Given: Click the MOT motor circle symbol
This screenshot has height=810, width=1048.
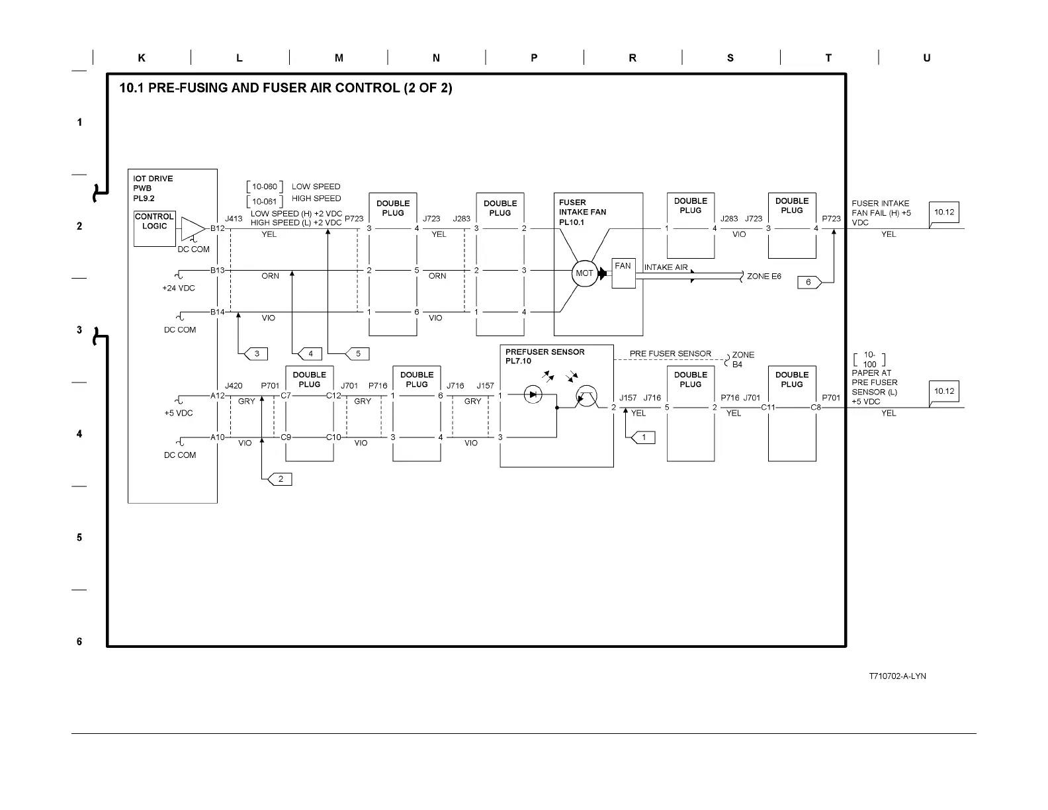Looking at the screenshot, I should point(584,273).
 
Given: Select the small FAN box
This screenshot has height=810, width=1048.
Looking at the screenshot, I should point(623,272).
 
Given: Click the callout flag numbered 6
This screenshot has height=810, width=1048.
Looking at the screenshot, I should point(809,283).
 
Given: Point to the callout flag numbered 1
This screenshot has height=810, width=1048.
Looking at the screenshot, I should point(643,437).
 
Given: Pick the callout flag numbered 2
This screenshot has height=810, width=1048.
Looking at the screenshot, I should point(280,479).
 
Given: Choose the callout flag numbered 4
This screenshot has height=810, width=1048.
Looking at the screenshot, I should point(310,353).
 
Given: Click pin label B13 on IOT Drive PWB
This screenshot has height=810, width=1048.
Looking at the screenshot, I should point(218,270).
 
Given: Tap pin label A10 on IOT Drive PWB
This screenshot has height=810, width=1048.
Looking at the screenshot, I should point(218,437).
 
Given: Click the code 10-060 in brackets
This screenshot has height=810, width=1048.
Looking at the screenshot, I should point(265,187).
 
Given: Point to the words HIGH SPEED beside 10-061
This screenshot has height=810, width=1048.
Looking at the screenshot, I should point(316,199).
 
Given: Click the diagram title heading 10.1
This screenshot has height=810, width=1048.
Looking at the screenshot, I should point(285,88).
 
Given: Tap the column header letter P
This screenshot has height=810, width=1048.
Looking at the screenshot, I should point(534,58).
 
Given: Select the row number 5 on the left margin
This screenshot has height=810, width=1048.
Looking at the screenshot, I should point(79,537).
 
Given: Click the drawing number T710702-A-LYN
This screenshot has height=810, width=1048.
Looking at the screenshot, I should point(897,676).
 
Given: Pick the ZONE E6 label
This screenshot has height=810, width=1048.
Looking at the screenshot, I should point(764,276).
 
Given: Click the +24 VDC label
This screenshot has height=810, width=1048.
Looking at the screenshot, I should point(179,289).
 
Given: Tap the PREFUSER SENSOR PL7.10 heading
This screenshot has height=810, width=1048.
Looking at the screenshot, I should point(545,357).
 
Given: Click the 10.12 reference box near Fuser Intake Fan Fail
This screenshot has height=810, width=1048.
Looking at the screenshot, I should point(944,213).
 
